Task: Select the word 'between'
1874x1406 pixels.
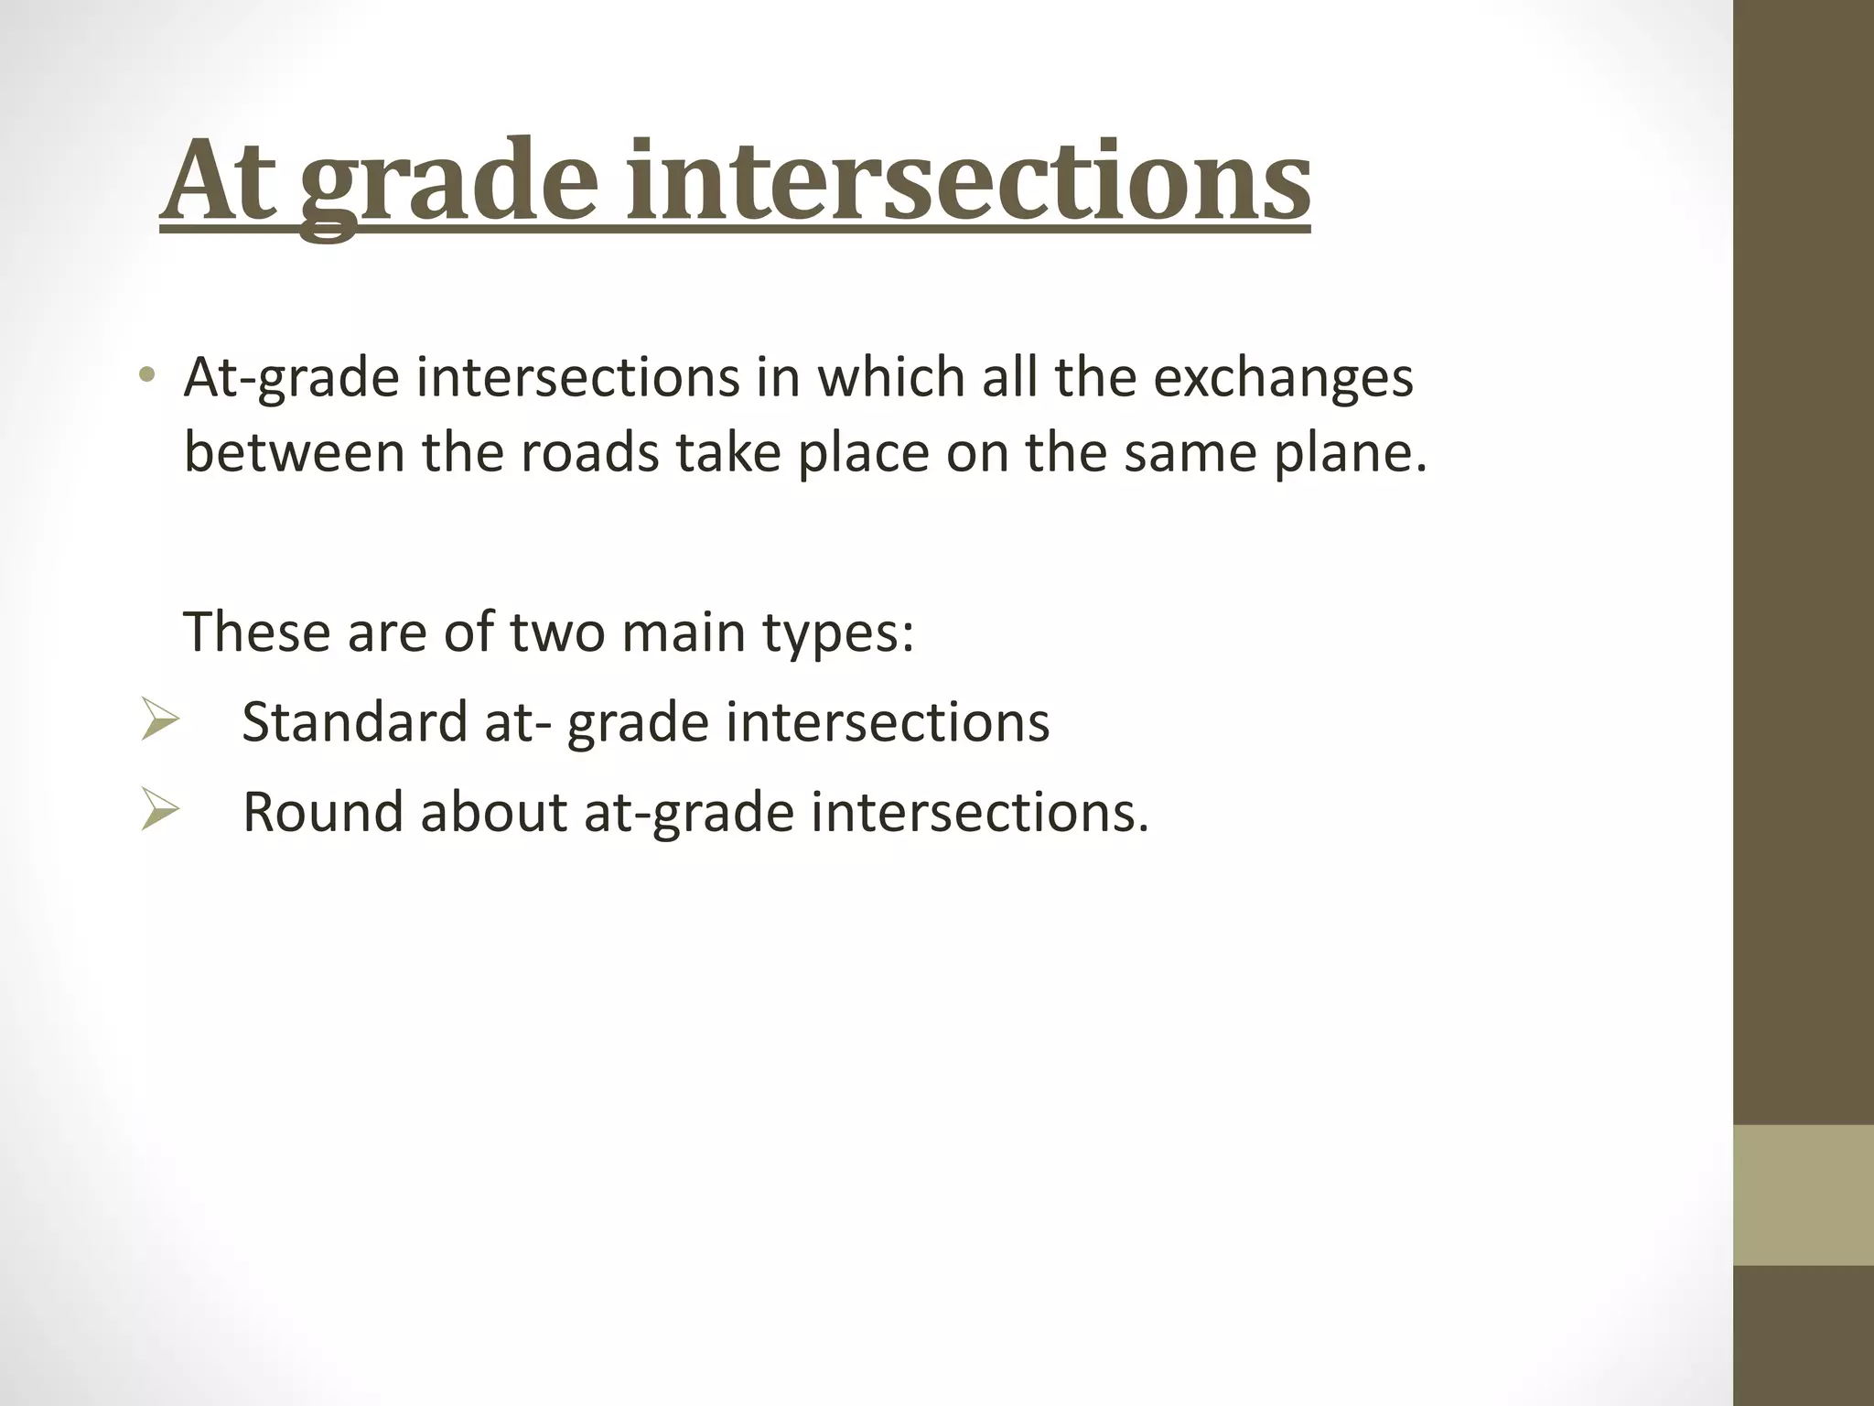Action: pyautogui.click(x=294, y=452)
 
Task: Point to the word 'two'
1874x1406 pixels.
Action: pyautogui.click(x=556, y=633)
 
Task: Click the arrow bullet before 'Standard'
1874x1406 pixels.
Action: pyautogui.click(x=159, y=719)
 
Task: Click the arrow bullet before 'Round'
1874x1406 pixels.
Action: pyautogui.click(x=159, y=810)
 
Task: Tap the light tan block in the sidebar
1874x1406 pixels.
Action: pyautogui.click(x=1803, y=1195)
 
